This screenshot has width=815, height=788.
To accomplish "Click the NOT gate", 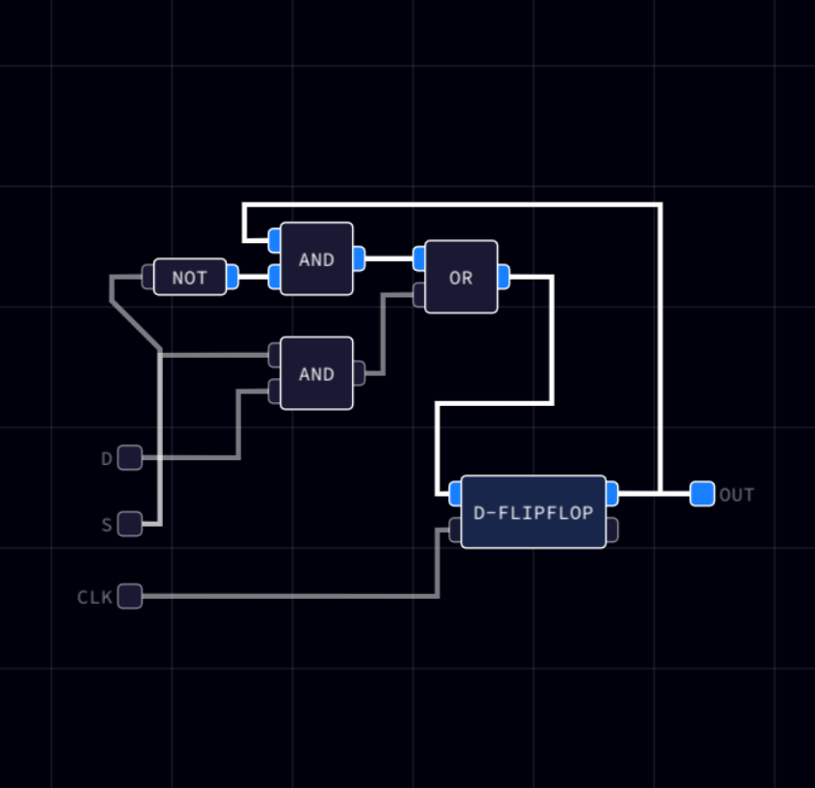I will [x=190, y=277].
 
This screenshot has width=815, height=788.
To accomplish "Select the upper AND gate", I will [x=316, y=258].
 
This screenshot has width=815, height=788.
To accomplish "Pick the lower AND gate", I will [x=316, y=373].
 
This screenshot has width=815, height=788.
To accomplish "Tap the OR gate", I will [x=461, y=277].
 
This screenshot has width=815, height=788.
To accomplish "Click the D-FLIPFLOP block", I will [x=533, y=511].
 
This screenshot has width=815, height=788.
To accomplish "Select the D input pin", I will [x=129, y=457].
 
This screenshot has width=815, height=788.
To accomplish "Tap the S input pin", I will [x=129, y=524].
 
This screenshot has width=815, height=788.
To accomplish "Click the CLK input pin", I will [x=129, y=596].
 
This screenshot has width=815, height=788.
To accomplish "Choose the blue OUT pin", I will [x=702, y=494].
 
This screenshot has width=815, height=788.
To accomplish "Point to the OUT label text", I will [x=737, y=495].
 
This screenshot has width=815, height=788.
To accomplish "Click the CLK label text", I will [x=95, y=597].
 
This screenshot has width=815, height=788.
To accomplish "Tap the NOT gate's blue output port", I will [x=231, y=277].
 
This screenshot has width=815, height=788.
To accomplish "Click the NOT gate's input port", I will [x=148, y=277].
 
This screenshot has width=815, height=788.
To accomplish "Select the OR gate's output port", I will [x=503, y=277].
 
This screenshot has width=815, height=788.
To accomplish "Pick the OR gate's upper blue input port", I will [x=419, y=258].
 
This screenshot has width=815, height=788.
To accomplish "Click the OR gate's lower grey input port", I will [x=419, y=295].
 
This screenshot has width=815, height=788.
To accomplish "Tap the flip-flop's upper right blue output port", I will [x=611, y=494].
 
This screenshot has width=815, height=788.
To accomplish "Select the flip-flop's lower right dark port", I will [x=611, y=530].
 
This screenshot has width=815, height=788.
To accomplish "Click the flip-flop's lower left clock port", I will [x=455, y=530].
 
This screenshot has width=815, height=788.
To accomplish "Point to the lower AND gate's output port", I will [x=359, y=373].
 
